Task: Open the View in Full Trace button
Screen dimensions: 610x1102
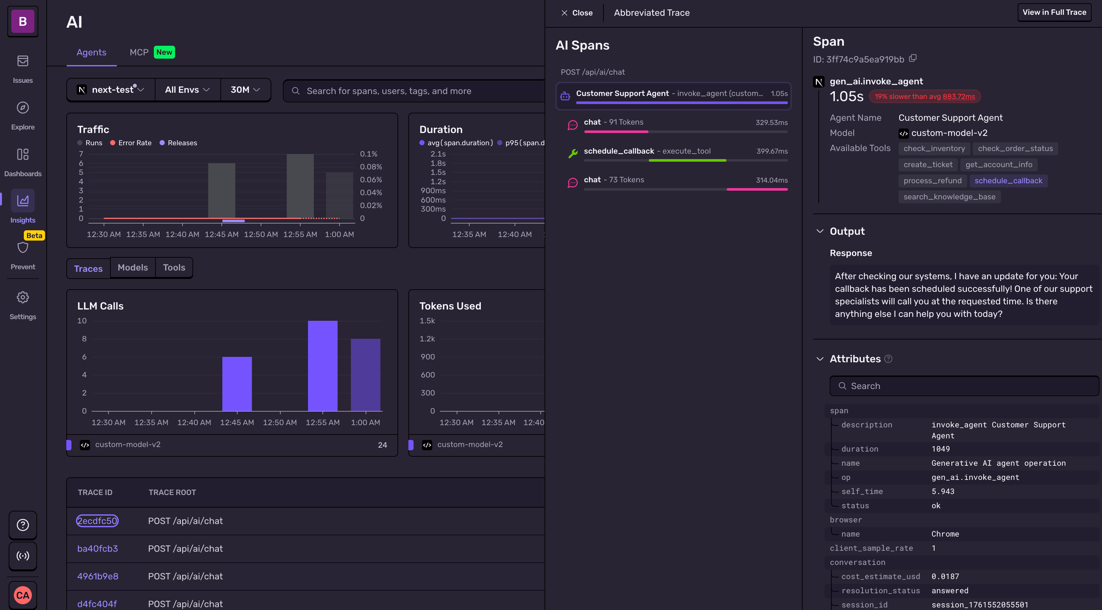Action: coord(1054,13)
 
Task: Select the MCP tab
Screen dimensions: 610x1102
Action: coord(139,52)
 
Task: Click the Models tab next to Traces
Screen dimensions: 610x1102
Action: coord(133,268)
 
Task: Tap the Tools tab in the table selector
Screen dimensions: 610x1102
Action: coord(174,268)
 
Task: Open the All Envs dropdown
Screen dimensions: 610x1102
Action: coord(187,90)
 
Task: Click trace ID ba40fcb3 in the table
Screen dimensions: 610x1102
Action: coord(98,548)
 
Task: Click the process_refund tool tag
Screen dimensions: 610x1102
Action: coord(932,181)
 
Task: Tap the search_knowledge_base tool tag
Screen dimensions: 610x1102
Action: coord(949,197)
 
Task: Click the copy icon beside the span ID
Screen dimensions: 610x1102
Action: coord(912,58)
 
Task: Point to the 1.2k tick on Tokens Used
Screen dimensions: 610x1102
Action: coord(427,338)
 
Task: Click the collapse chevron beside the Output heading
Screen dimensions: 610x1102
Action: coord(820,231)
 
